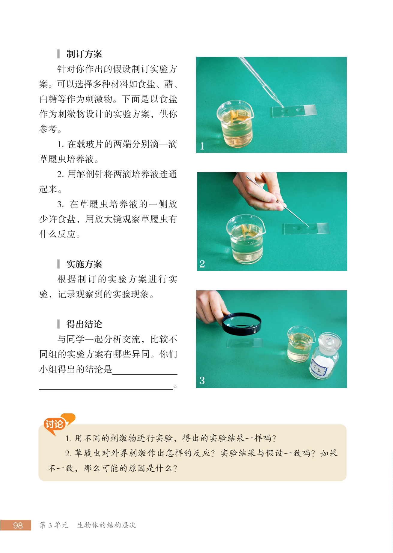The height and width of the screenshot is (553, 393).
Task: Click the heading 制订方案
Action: click(x=84, y=54)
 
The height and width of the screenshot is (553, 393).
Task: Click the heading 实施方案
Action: click(x=84, y=264)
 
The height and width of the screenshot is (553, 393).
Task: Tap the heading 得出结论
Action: click(x=84, y=324)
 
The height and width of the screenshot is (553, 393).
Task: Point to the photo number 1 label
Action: click(x=202, y=146)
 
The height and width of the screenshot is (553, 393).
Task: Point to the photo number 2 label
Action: click(x=202, y=264)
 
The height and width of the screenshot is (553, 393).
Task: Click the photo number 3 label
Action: click(x=202, y=380)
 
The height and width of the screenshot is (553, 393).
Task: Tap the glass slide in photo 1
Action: click(x=294, y=111)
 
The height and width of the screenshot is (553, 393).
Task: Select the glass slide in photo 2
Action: click(x=306, y=229)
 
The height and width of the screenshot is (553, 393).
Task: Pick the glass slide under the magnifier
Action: click(x=244, y=343)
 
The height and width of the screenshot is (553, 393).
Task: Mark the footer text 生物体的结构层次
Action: click(x=107, y=525)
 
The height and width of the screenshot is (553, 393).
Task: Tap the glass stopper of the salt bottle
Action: click(x=330, y=341)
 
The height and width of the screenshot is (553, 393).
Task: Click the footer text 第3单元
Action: click(x=54, y=525)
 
